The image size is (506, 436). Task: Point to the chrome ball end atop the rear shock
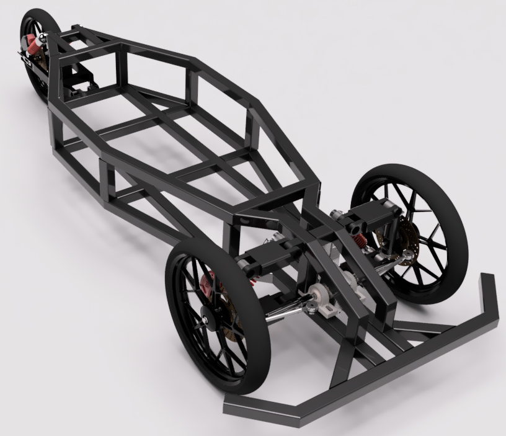click(x=42, y=37)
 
